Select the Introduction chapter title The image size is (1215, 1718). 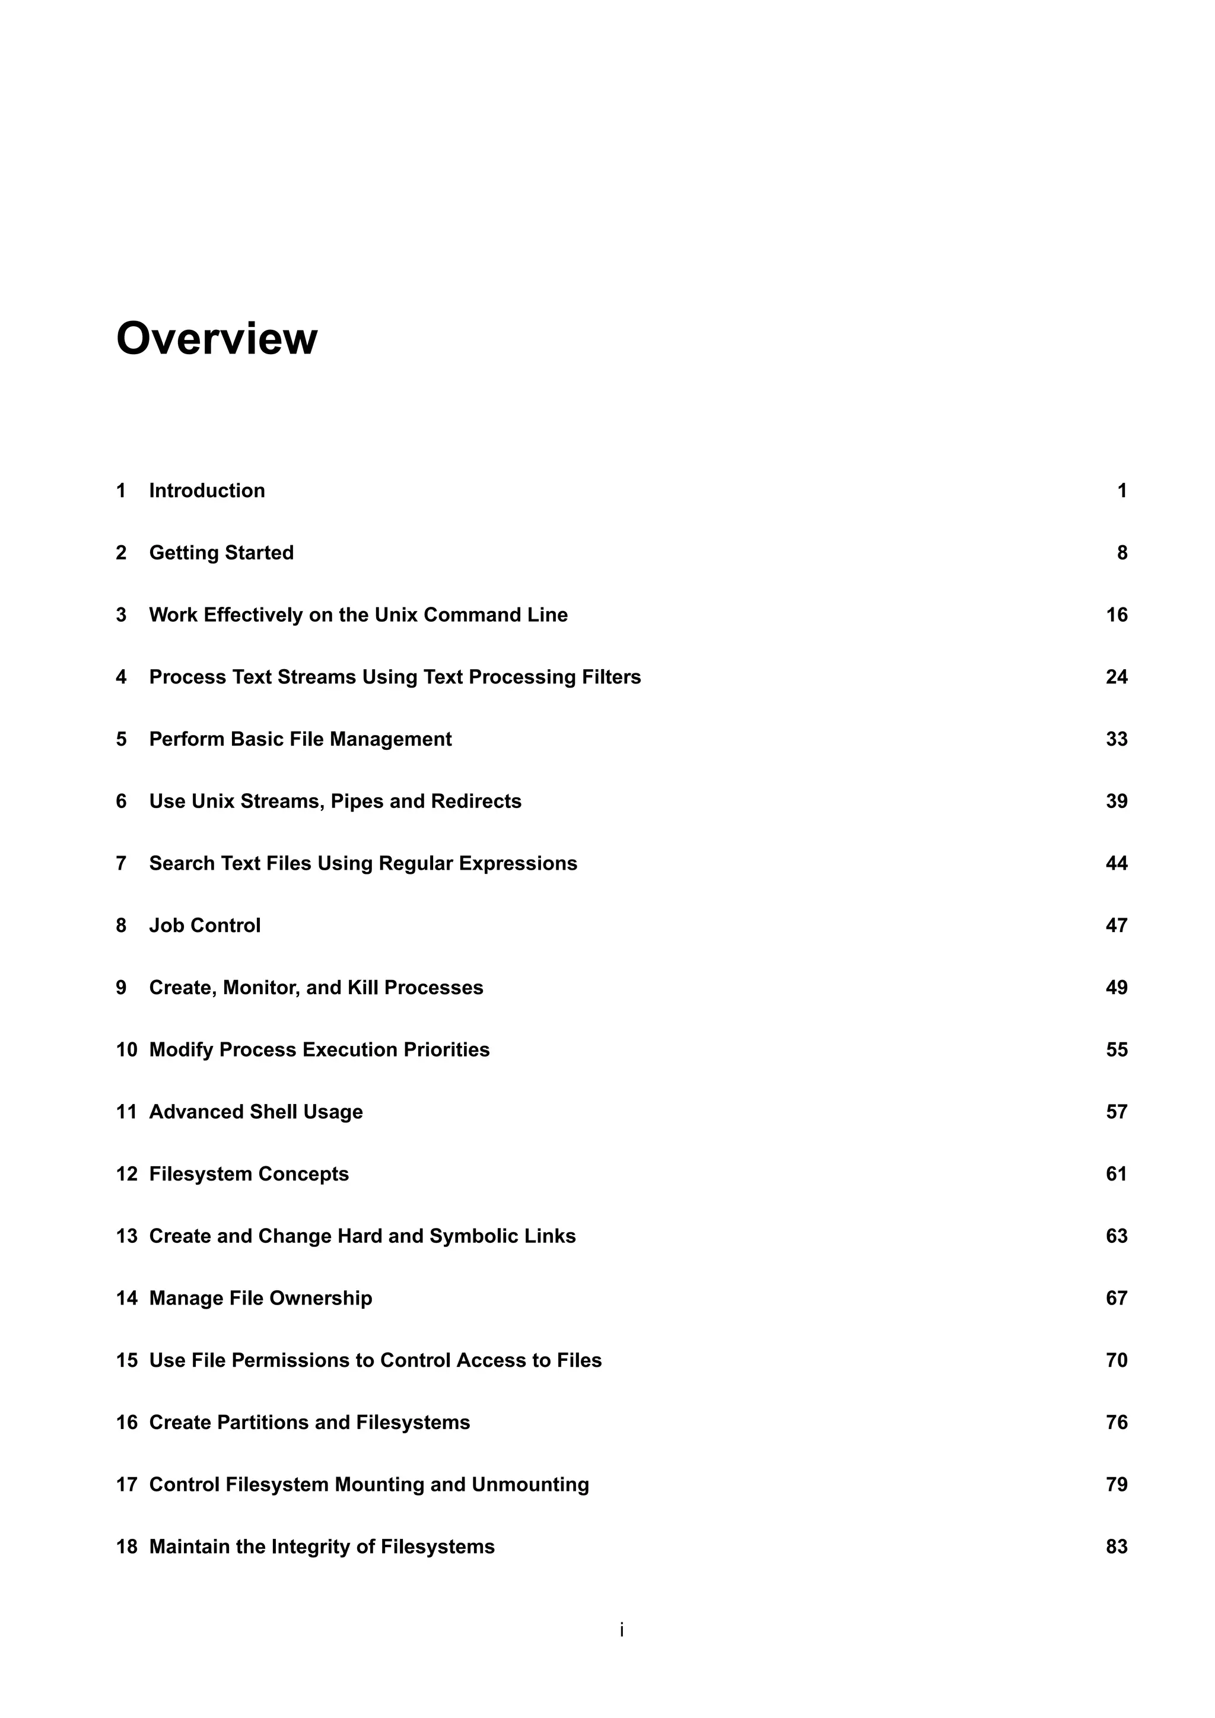click(x=206, y=491)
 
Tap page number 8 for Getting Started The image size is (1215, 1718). click(x=1121, y=553)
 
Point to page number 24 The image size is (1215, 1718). click(x=1117, y=677)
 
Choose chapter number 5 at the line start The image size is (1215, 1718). click(x=121, y=739)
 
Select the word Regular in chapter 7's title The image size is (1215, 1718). click(x=415, y=864)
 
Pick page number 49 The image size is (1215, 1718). click(x=1117, y=988)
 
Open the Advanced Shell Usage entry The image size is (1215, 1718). click(x=256, y=1112)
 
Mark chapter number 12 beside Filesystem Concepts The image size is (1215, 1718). click(x=126, y=1174)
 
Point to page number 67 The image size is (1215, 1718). click(x=1117, y=1298)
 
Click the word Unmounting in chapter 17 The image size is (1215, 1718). click(x=530, y=1484)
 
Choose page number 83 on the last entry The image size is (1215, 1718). click(x=1117, y=1547)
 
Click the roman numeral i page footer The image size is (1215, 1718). click(x=622, y=1630)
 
